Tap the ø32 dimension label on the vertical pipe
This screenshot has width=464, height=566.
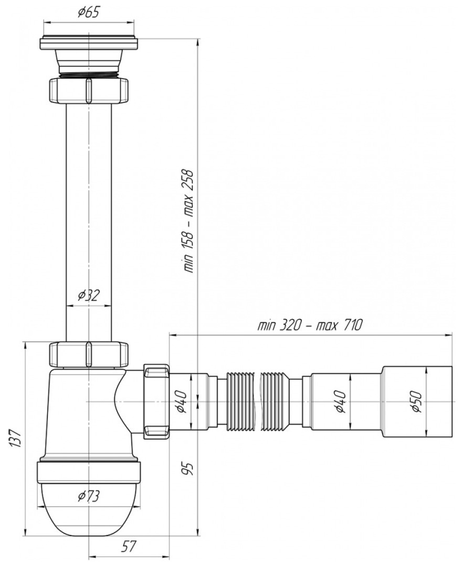click(89, 296)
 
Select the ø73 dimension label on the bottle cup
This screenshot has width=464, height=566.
click(88, 496)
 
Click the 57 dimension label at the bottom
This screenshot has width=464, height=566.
click(128, 546)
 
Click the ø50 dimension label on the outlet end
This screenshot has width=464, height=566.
click(416, 401)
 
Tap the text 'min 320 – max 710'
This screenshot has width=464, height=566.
click(309, 325)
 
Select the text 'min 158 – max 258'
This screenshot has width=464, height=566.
click(189, 221)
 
